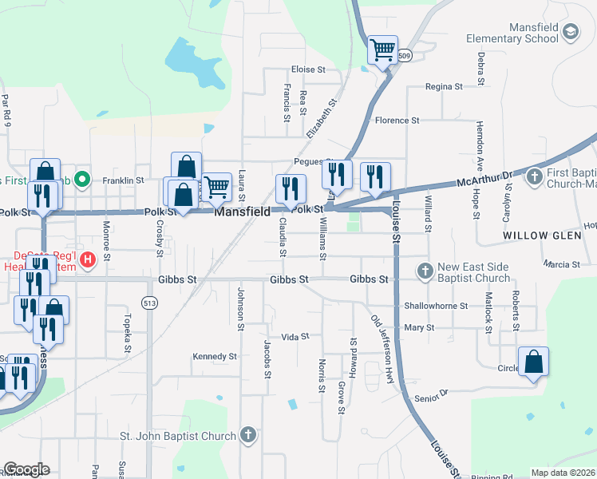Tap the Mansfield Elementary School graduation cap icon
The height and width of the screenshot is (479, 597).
click(x=570, y=32)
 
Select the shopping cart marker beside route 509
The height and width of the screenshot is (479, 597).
click(x=382, y=49)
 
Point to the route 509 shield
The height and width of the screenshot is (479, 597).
click(x=405, y=56)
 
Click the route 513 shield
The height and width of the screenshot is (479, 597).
click(x=148, y=303)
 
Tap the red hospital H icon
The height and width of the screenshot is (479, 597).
click(x=88, y=259)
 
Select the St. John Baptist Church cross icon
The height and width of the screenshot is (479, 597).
click(x=248, y=435)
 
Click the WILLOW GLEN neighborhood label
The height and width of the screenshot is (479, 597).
click(x=536, y=236)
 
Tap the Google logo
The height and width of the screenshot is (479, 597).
click(x=26, y=469)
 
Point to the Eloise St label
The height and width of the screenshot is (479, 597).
click(x=308, y=69)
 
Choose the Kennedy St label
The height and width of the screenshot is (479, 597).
click(x=215, y=356)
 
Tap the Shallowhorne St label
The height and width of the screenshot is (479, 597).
click(x=435, y=305)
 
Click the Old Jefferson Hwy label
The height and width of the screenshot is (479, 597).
click(x=383, y=350)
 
